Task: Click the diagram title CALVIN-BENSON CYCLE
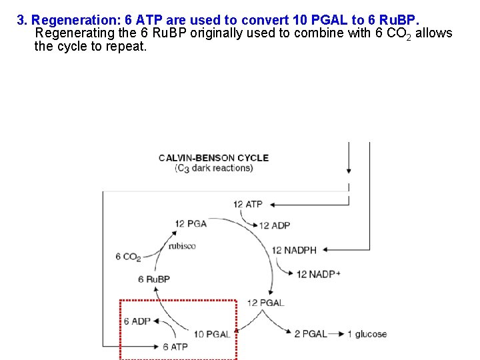tap(213, 158)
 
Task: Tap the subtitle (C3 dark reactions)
tap(213, 169)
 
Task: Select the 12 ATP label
tap(248, 204)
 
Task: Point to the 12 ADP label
tap(275, 225)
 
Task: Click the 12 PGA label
tap(191, 223)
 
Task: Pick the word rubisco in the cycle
tap(182, 246)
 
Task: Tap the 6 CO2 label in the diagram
tap(127, 257)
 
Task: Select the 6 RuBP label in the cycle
tap(154, 279)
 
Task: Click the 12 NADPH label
tap(294, 250)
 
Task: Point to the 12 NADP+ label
tap(319, 274)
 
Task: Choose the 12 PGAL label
tap(266, 303)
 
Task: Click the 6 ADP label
tap(137, 321)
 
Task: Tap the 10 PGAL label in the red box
tap(212, 334)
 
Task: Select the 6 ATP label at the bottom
tap(175, 347)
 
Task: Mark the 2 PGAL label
tap(311, 334)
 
